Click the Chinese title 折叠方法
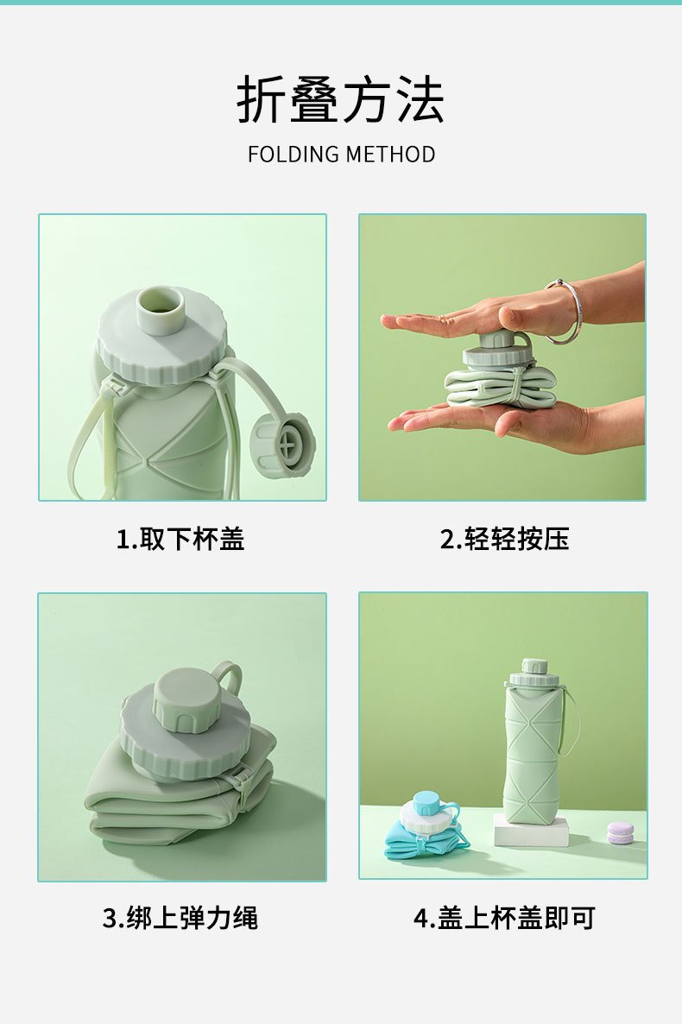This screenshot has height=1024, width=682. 340,99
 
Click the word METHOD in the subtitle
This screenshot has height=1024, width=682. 391,155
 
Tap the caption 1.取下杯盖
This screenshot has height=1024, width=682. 180,540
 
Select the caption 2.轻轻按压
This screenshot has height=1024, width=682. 504,540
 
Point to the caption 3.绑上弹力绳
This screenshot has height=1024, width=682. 180,918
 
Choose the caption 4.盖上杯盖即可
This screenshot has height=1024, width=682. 504,918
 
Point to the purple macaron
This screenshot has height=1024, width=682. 619,832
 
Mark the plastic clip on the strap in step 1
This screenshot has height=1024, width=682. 111,390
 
